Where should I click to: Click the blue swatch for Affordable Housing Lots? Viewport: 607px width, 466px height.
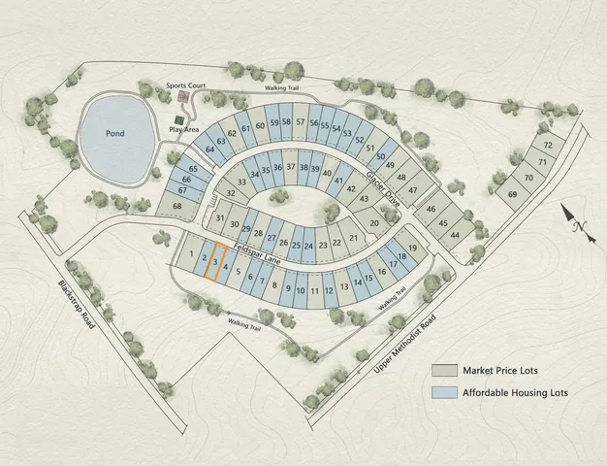coord(444,393)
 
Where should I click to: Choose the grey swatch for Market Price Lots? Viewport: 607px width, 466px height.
coord(444,370)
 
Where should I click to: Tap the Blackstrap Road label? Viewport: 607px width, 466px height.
coord(74,305)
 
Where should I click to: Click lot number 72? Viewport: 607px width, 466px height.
coord(547,145)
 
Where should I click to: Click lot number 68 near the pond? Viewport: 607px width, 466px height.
coord(176,206)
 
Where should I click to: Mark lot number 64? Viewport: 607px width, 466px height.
coord(208,150)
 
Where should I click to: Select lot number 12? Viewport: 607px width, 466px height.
coord(329,289)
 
